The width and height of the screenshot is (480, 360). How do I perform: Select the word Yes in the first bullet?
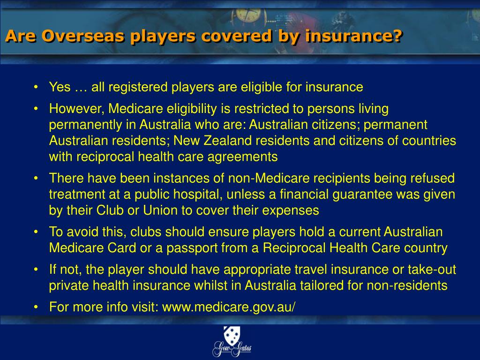[60, 87]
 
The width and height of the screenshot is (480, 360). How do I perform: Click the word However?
[77, 109]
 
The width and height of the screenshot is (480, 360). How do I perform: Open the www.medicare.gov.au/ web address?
[228, 307]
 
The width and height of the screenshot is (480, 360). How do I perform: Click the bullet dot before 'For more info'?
[36, 307]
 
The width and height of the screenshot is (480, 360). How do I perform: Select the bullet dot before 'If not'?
[36, 270]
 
